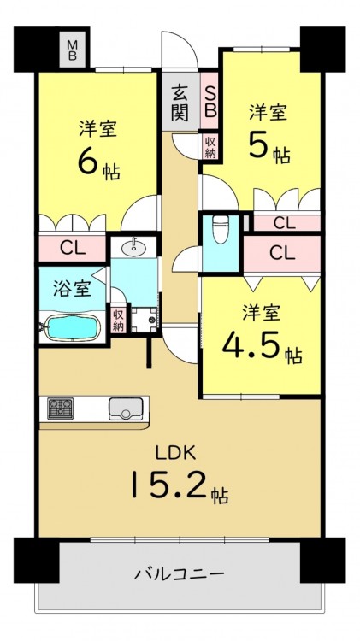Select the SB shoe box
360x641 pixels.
pos(209,101)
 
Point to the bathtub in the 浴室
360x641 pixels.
pos(72,327)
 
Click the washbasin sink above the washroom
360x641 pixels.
pos(133,246)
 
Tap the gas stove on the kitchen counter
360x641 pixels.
pos(60,408)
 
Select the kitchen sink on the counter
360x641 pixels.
pos(126,409)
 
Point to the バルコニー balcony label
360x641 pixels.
pos(180,573)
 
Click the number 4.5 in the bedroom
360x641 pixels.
pos(251,344)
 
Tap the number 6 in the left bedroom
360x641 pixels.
pos(87,162)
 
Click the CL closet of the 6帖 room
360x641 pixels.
pos(73,248)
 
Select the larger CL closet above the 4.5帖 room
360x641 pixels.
pos(282,254)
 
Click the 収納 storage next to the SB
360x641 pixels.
pos(210,146)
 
